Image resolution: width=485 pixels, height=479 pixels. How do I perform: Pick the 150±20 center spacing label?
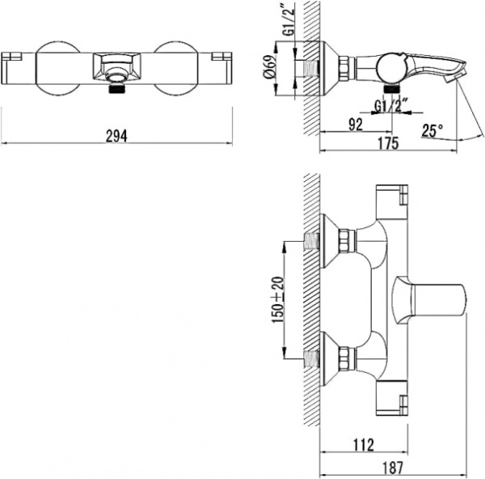pyautogui.click(x=277, y=297)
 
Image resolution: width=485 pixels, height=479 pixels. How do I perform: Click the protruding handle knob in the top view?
pyautogui.click(x=428, y=299)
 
